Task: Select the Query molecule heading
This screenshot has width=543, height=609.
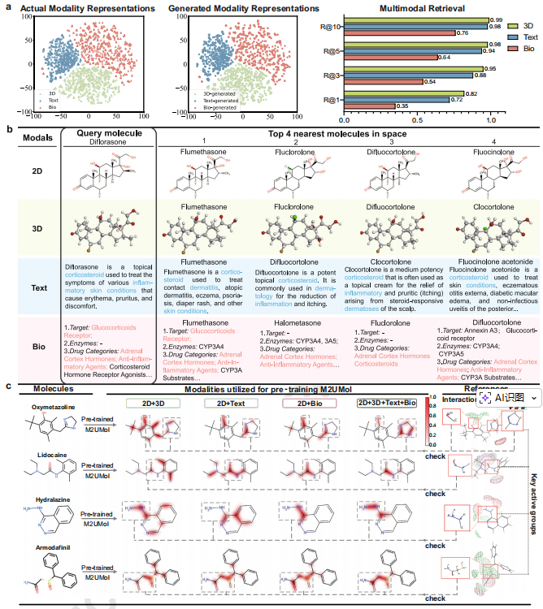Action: tap(109, 132)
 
